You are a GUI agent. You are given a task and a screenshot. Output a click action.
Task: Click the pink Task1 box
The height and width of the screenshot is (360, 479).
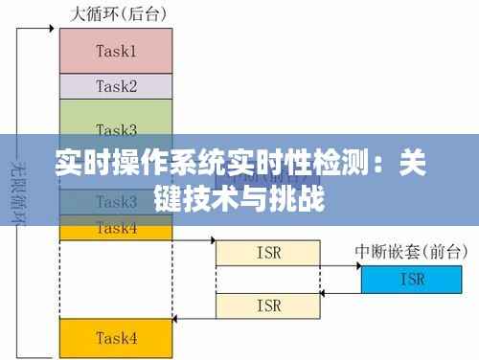pos(116,51)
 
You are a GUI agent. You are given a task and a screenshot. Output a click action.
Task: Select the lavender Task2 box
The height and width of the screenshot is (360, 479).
pos(116,86)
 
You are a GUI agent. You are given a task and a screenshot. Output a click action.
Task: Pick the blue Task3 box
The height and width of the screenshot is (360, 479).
pos(116,201)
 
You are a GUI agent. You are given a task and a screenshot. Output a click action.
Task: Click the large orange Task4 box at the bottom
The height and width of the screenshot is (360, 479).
pos(116,337)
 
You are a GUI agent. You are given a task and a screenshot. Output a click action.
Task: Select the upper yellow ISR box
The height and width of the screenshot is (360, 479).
pos(269,254)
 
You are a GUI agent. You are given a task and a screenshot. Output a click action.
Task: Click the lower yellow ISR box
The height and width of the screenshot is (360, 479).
pos(269,305)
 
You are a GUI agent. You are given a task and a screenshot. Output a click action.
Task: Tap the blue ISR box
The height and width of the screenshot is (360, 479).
pos(412,280)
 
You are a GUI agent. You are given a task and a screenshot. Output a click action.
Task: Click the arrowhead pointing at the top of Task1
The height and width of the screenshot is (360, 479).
pos(54,30)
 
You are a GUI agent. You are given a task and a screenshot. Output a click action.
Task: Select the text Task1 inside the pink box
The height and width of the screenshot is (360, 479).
pos(116,51)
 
